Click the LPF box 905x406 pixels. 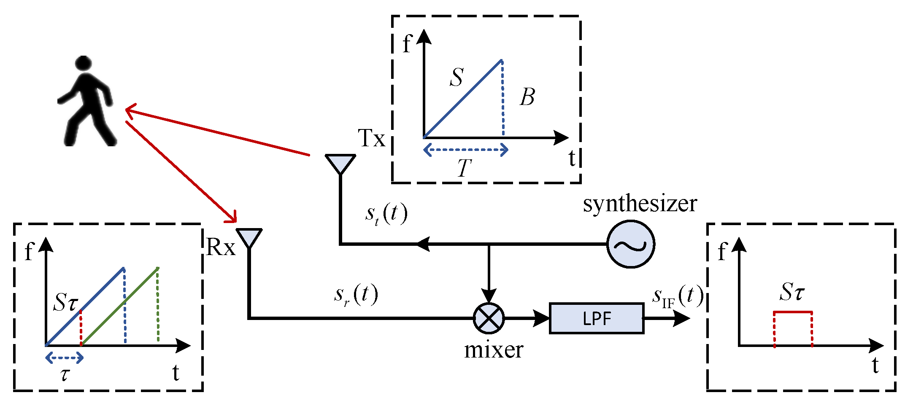click(x=596, y=319)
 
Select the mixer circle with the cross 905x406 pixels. click(x=489, y=318)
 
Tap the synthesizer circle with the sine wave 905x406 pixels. click(x=630, y=244)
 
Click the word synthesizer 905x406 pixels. click(x=640, y=204)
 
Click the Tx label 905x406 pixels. click(x=371, y=138)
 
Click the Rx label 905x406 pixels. click(x=220, y=247)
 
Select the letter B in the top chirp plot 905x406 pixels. click(x=527, y=97)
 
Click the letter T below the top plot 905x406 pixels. click(x=464, y=168)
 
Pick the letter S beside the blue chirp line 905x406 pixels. click(x=457, y=78)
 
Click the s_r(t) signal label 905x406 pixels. click(x=356, y=295)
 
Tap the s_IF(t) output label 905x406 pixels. click(x=678, y=296)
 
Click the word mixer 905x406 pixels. click(x=494, y=350)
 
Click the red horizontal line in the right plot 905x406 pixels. click(x=793, y=312)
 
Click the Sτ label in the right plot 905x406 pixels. click(x=792, y=291)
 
